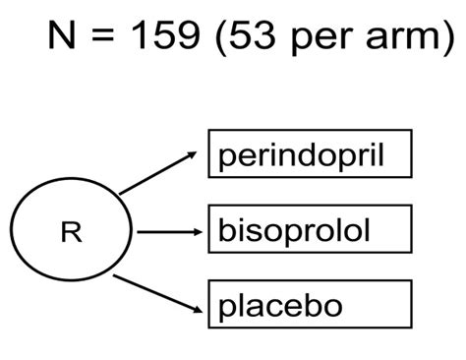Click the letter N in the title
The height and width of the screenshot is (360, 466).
point(60,36)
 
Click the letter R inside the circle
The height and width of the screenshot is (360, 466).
point(71,233)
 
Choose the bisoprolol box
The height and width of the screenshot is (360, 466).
point(309,232)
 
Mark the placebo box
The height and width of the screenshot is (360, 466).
point(309,305)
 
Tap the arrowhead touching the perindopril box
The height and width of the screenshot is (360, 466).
point(197,153)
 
